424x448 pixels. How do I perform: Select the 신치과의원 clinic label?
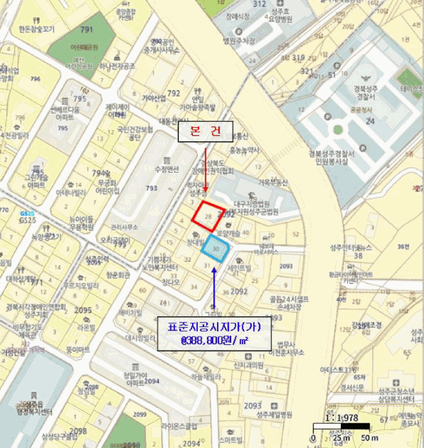(x=245, y=365)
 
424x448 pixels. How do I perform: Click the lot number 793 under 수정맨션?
(x=151, y=188)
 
